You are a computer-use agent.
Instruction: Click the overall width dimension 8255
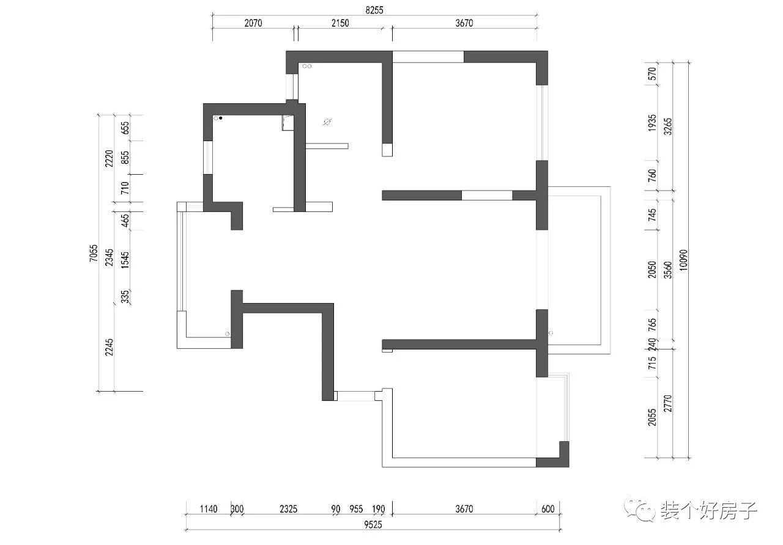pos(374,10)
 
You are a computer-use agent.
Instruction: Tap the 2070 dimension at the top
pos(253,23)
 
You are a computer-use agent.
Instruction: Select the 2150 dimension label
pos(340,23)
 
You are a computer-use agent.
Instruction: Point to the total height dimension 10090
pos(683,260)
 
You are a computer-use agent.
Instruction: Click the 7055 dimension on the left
pos(94,253)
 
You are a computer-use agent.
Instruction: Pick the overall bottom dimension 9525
pos(373,525)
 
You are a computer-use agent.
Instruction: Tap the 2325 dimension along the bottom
pos(288,509)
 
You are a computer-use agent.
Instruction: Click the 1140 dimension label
pos(209,509)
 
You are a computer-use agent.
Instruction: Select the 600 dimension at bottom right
pos(547,509)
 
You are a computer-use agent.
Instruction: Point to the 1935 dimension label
pos(652,123)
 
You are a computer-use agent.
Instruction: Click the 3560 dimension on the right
pos(667,270)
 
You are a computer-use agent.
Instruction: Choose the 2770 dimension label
pos(667,403)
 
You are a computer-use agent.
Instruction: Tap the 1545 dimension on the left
pos(125,260)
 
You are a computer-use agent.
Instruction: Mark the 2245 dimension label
pos(109,347)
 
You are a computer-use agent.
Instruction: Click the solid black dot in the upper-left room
pos(221,119)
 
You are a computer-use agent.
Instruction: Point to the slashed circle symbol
pos(327,122)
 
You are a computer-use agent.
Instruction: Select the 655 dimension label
pos(125,128)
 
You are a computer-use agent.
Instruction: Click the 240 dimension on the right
pos(652,344)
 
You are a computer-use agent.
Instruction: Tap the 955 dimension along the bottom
pos(356,509)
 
